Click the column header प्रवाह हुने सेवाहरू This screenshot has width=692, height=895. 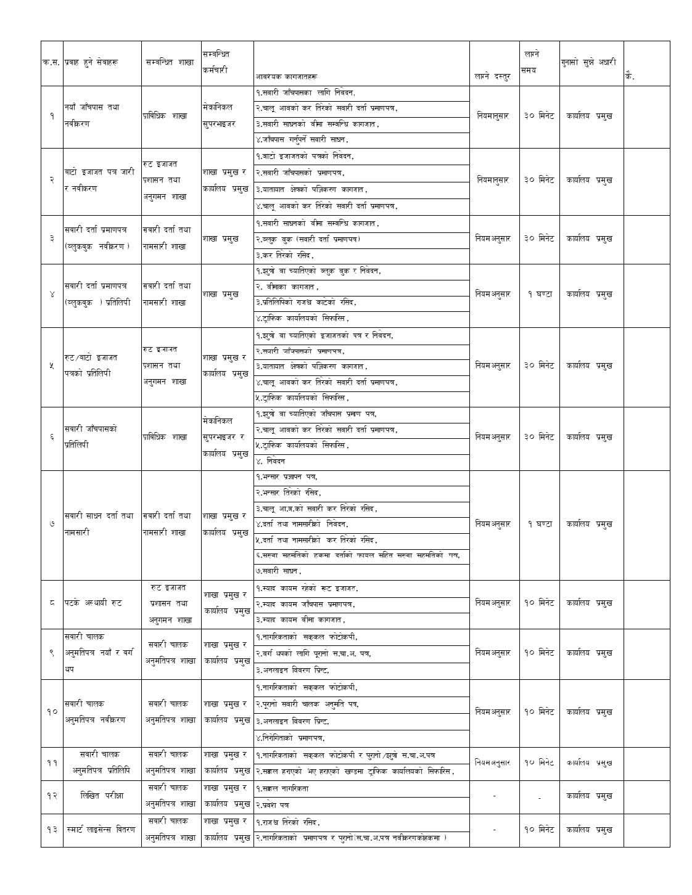pyautogui.click(x=91, y=62)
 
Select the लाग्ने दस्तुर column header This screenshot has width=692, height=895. pyautogui.click(x=493, y=76)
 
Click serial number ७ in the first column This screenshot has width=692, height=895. pyautogui.click(x=51, y=524)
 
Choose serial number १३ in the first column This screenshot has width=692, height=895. pyautogui.click(x=51, y=830)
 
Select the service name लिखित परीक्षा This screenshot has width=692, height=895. pyautogui.click(x=102, y=796)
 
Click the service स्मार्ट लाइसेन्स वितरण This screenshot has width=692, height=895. pyautogui.click(x=102, y=829)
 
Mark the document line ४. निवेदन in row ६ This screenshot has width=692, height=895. pyautogui.click(x=271, y=461)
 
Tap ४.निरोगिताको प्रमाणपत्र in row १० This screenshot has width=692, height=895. pyautogui.click(x=290, y=738)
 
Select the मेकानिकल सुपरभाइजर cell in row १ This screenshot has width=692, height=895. pyautogui.click(x=219, y=115)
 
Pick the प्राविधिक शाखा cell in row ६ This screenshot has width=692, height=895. pyautogui.click(x=165, y=437)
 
